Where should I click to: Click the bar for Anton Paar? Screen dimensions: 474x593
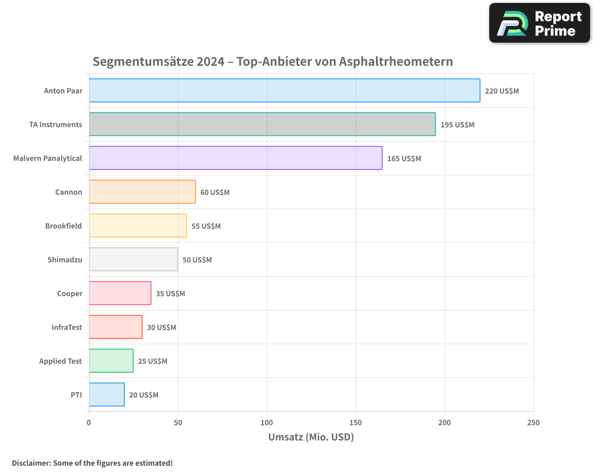[x=285, y=91]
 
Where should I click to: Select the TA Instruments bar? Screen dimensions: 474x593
[x=262, y=124]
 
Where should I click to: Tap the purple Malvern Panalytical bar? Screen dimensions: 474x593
[x=235, y=158]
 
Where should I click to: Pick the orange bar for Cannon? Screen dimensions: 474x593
[x=142, y=192]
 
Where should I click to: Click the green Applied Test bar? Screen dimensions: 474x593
[x=111, y=361]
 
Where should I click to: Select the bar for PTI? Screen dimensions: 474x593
[x=107, y=395]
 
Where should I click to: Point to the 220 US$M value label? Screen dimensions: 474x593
[x=502, y=91]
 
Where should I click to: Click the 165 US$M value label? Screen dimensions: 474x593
[x=404, y=159]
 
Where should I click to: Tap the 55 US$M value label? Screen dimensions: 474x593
[x=206, y=226]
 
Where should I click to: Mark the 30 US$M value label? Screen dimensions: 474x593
[x=161, y=328]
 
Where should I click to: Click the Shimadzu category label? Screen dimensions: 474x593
[x=65, y=260]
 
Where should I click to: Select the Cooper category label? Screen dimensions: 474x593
[x=69, y=294]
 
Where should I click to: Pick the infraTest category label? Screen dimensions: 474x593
[x=67, y=328]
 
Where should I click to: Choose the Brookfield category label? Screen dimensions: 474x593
[x=63, y=226]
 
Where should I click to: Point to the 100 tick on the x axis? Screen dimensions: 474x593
[x=267, y=422]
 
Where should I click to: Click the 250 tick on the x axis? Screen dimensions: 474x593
[x=533, y=422]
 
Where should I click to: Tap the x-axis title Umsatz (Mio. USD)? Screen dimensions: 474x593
[x=311, y=438]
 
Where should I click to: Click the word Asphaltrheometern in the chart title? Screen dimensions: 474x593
[x=396, y=62]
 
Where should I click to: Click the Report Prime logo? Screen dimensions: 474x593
[x=540, y=23]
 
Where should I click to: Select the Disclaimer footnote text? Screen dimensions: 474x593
[x=93, y=463]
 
